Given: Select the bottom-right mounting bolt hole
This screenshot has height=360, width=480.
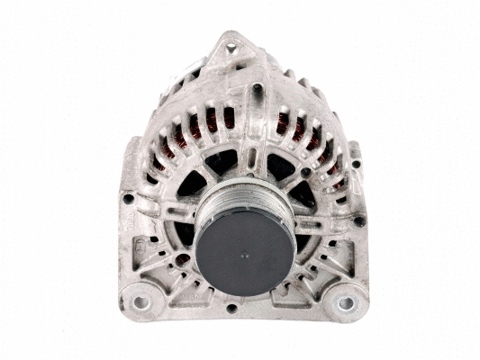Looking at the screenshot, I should click(345, 302).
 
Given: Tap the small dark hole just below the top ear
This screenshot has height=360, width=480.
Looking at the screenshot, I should click(256, 88).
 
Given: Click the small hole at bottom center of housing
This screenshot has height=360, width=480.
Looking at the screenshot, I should click(232, 308).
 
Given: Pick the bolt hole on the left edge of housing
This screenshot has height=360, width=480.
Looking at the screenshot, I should click(129, 198).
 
